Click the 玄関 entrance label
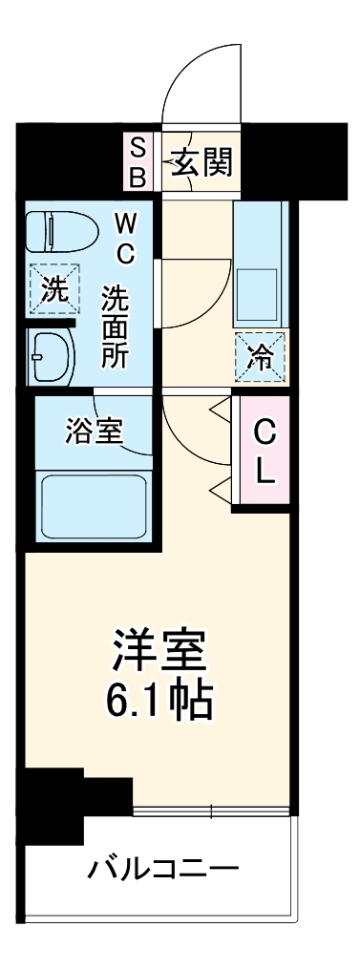(201, 163)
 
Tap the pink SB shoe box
(138, 162)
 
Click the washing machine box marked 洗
(49, 289)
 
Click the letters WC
(125, 241)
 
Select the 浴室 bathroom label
(93, 431)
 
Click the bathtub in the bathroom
(93, 503)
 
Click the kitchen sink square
(256, 293)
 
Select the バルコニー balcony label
(164, 869)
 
